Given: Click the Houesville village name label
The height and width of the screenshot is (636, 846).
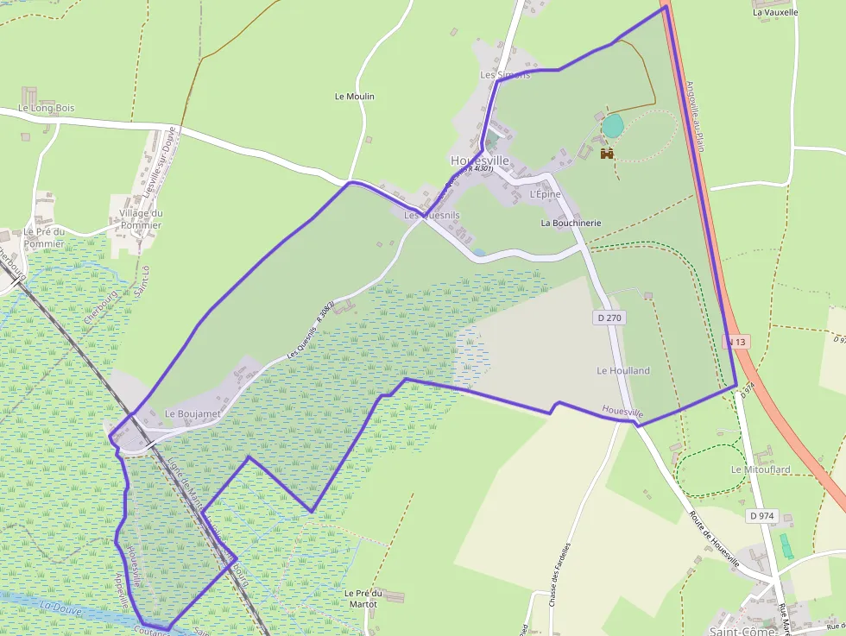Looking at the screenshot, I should click(x=480, y=161).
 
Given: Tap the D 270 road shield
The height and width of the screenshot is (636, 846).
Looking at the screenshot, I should click(x=609, y=318).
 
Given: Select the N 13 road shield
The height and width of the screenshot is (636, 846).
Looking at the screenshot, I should click(x=736, y=342).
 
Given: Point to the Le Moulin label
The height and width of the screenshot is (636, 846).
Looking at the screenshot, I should click(x=354, y=97).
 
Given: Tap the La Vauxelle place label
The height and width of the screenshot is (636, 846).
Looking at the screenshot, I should click(x=775, y=12).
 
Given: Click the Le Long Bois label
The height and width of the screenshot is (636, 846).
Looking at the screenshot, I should click(x=47, y=108).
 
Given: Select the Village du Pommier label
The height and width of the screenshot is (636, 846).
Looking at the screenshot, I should click(x=141, y=219).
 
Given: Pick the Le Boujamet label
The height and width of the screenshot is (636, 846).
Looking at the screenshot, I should click(x=193, y=414).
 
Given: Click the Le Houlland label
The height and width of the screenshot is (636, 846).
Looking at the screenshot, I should click(x=623, y=370).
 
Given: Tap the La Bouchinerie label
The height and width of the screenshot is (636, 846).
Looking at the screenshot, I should click(x=571, y=223).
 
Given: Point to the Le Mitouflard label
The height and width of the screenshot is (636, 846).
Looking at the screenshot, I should click(x=761, y=469).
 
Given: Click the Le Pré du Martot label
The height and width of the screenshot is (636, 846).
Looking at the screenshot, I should click(x=363, y=598).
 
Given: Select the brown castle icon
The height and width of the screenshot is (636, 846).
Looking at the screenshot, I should click(x=607, y=153).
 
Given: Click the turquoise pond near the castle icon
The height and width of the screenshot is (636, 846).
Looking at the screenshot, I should click(x=612, y=126).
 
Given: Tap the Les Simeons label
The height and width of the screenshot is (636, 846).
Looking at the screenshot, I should click(x=505, y=75).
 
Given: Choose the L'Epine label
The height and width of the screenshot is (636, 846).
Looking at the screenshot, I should click(x=545, y=194).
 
